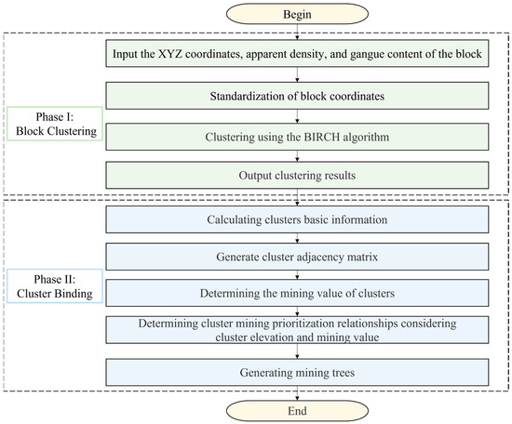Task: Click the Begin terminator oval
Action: tap(298, 15)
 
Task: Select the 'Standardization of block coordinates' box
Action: tap(298, 94)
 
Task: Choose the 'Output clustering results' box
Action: tap(298, 174)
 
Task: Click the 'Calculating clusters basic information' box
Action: tap(298, 219)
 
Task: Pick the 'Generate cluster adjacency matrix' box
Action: tap(298, 257)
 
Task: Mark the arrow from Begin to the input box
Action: tap(298, 33)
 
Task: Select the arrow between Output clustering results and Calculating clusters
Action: tap(298, 196)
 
